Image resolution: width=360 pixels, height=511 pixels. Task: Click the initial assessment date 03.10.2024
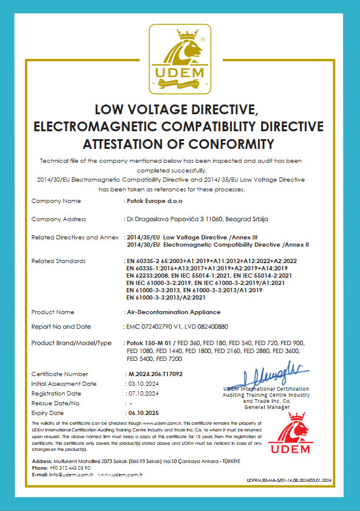coord(143,383)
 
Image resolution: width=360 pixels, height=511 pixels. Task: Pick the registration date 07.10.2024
coord(143,393)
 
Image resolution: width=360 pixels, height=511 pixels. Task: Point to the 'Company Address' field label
coord(58,219)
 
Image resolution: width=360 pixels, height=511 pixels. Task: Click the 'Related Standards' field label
coord(58,261)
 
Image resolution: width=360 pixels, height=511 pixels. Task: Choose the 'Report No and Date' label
coord(61,326)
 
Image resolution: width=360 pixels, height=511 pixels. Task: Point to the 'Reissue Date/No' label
coord(55,403)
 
